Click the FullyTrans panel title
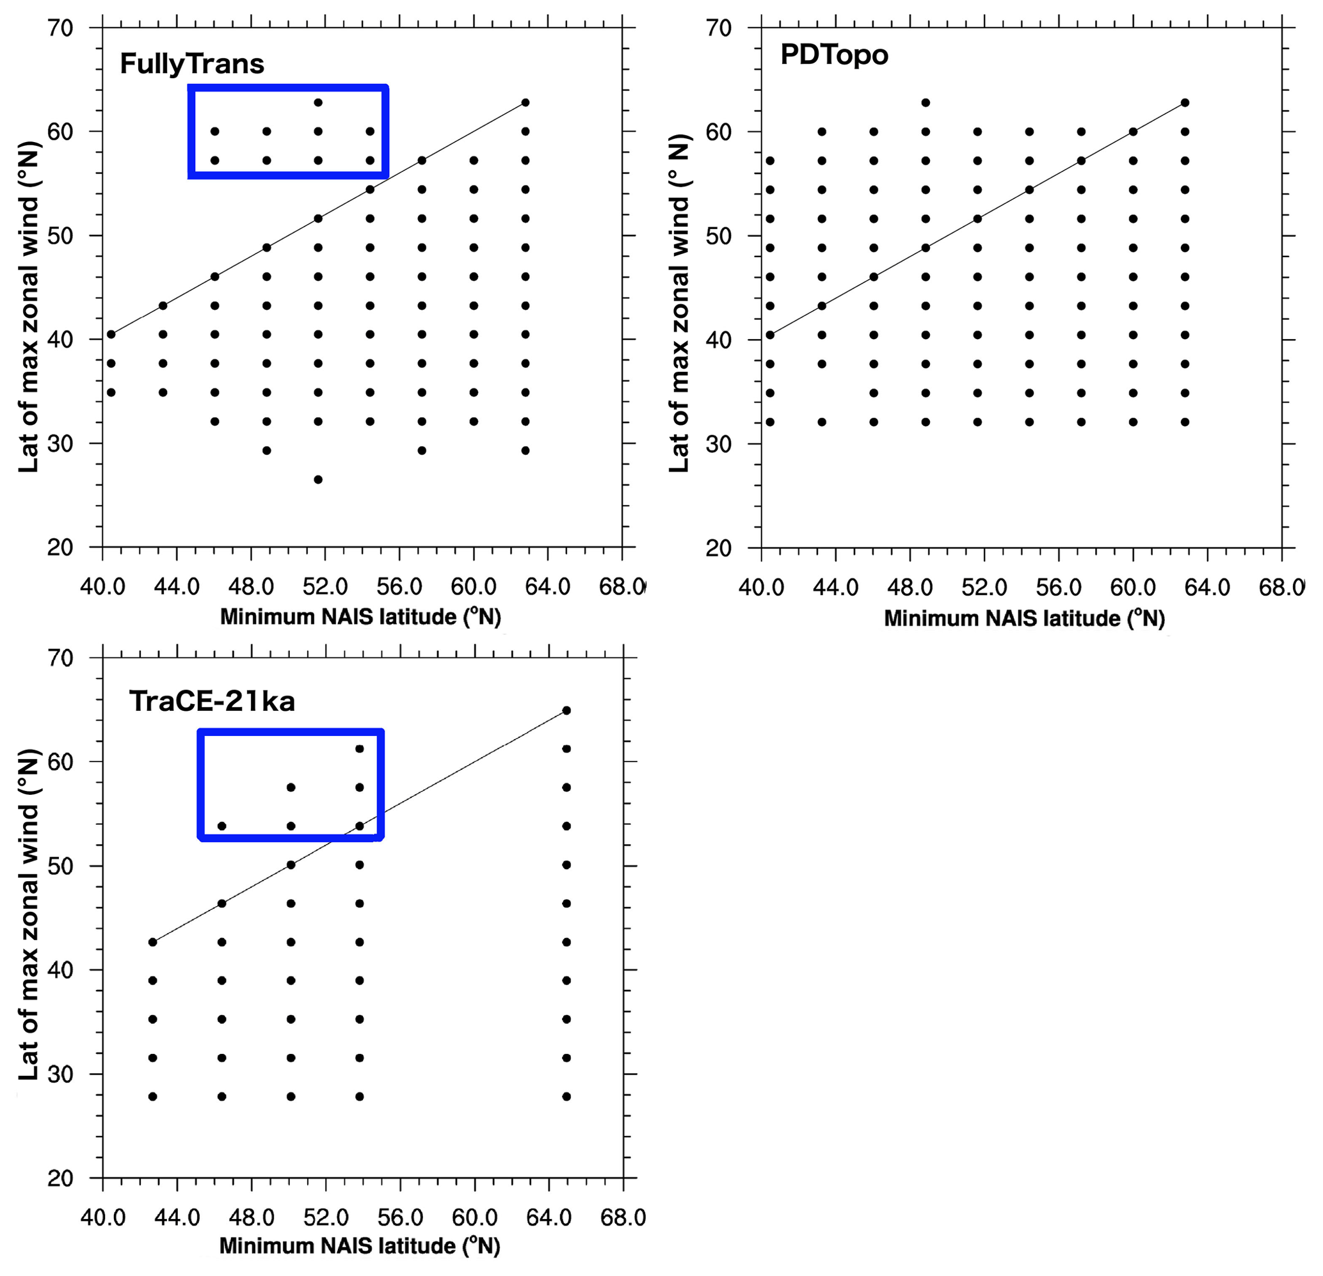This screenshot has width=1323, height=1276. (x=192, y=64)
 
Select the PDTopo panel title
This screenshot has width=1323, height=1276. (x=833, y=54)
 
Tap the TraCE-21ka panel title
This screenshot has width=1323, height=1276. (x=212, y=702)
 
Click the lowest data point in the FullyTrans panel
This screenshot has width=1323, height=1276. (x=318, y=480)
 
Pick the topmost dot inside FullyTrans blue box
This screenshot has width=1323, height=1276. (x=318, y=102)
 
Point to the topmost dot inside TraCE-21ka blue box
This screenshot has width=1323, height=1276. (x=359, y=749)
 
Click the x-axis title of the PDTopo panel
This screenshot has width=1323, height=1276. (x=1024, y=618)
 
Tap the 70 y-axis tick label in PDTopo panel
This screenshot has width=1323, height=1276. (x=718, y=28)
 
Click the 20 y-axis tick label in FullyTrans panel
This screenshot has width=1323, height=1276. (x=60, y=547)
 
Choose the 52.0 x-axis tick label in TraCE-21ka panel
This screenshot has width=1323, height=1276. (x=325, y=1217)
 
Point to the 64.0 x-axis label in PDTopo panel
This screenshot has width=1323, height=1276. (x=1207, y=587)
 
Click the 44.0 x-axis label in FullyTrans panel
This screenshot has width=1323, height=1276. (x=176, y=587)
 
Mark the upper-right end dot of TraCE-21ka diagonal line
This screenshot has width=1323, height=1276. (x=566, y=710)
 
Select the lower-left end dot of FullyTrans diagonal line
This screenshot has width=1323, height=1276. (x=111, y=334)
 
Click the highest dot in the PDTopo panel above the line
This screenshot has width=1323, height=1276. (x=926, y=102)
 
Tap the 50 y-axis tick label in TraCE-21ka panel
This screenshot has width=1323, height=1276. (x=60, y=866)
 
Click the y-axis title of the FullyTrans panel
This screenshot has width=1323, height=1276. (x=28, y=307)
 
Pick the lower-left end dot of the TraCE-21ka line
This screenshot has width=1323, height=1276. (x=152, y=942)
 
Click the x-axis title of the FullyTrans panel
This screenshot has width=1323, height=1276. (x=360, y=617)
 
